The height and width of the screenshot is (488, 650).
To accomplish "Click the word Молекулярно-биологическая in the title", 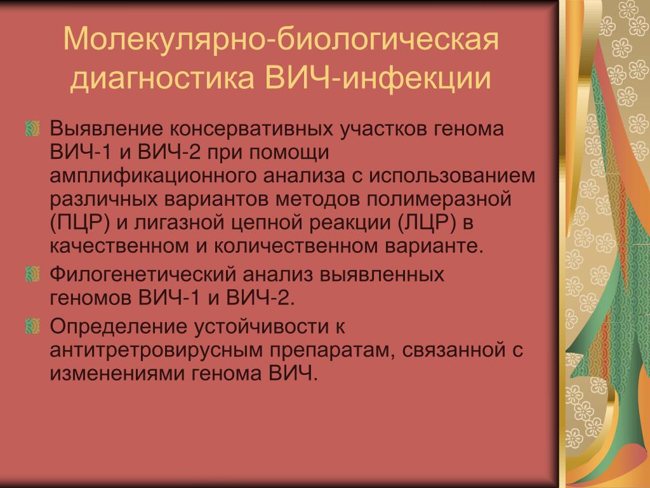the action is [x=281, y=39].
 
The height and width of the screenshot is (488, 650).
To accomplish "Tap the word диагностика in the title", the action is [x=162, y=78].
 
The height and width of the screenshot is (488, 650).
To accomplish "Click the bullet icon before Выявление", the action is [x=32, y=128].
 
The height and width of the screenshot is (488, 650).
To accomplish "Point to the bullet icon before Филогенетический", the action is [x=32, y=274].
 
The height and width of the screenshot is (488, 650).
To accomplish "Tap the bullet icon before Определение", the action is [x=32, y=326].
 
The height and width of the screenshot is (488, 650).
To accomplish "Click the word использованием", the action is [x=453, y=176].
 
